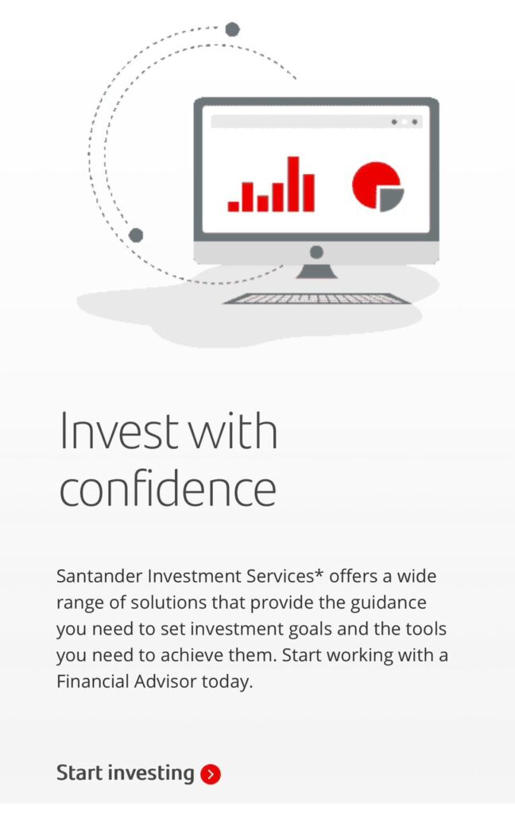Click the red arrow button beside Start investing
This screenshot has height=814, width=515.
click(x=211, y=774)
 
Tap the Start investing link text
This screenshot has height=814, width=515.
click(x=125, y=773)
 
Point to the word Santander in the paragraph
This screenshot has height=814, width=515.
click(x=99, y=576)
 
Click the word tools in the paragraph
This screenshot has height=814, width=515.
click(x=426, y=629)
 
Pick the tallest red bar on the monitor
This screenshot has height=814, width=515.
click(x=293, y=184)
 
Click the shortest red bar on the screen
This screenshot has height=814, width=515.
click(x=233, y=206)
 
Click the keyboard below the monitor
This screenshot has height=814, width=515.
click(x=316, y=299)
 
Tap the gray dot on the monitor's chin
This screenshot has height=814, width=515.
click(x=316, y=252)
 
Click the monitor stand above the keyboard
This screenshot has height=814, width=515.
click(x=316, y=271)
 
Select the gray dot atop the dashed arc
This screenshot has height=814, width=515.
click(x=233, y=29)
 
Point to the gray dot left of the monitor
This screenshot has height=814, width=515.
click(x=136, y=235)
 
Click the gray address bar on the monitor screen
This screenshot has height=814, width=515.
click(x=316, y=122)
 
